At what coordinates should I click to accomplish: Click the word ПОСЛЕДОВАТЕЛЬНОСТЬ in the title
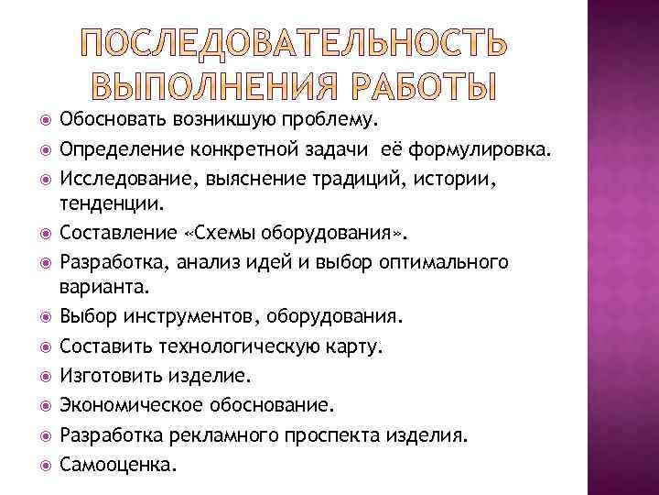point(292,45)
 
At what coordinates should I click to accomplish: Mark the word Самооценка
point(114,464)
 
